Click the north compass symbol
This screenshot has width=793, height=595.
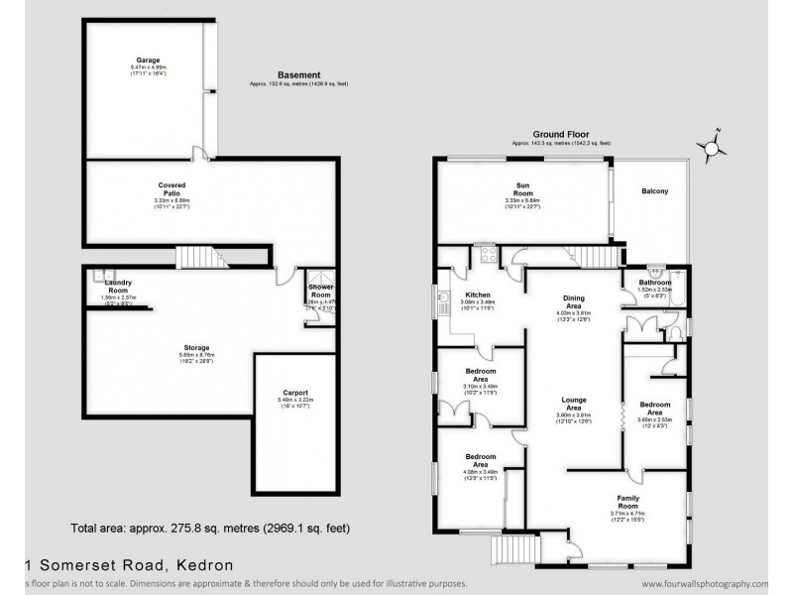click(712, 148)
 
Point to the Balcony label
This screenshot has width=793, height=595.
click(654, 191)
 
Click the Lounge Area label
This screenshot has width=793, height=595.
click(570, 402)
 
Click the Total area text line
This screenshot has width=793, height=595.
click(211, 528)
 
